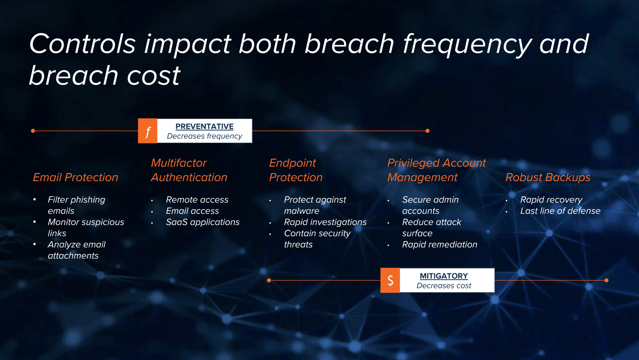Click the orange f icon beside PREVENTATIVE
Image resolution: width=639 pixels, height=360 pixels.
[x=148, y=131]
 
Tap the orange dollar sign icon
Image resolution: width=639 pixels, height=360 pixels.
[x=390, y=280]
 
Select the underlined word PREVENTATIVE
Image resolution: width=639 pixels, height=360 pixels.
[x=204, y=126]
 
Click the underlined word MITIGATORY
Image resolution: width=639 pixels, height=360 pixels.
[x=444, y=276]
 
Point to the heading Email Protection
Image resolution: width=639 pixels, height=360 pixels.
[x=75, y=177]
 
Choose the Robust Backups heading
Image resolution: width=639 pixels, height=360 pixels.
[x=548, y=177]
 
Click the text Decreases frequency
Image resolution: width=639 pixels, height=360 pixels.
[x=204, y=136]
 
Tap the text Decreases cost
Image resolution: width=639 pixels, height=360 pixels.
[x=444, y=286]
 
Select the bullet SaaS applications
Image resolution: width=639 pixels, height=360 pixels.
[x=203, y=222]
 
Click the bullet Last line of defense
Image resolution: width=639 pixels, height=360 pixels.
[x=560, y=211]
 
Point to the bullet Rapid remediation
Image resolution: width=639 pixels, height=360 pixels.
[x=440, y=244]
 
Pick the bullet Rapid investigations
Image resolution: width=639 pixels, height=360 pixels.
[x=325, y=222]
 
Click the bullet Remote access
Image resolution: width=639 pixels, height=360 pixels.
[x=197, y=200]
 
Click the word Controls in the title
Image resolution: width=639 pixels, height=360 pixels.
[x=83, y=44]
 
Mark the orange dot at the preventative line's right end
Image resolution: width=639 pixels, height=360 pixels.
[x=427, y=131]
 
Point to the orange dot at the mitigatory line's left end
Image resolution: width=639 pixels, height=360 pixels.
[x=269, y=280]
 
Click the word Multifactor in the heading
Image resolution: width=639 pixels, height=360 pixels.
[x=179, y=163]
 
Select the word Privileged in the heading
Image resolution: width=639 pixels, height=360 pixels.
[x=413, y=163]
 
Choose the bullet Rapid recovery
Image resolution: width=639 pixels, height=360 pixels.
[x=551, y=200]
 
